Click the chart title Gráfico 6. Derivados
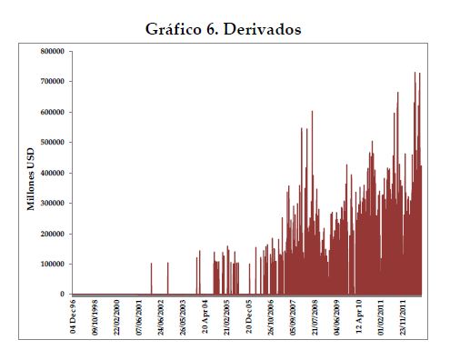[224, 30]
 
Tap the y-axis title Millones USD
[31, 179]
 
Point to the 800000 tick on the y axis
[52, 51]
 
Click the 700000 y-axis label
[52, 81]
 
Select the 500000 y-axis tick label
[52, 142]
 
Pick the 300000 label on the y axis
[52, 203]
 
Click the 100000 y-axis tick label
[52, 264]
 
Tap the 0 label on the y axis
[63, 294]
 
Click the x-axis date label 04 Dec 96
[73, 316]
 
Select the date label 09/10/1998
[95, 317]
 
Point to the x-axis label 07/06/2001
[139, 317]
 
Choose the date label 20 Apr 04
[205, 316]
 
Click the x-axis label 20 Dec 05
[249, 316]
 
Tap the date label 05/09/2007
[293, 317]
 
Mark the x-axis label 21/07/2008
[315, 317]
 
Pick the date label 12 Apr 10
[359, 316]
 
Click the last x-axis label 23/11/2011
[403, 317]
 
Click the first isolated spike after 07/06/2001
[152, 278]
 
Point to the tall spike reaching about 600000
[312, 203]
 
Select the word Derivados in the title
[263, 30]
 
